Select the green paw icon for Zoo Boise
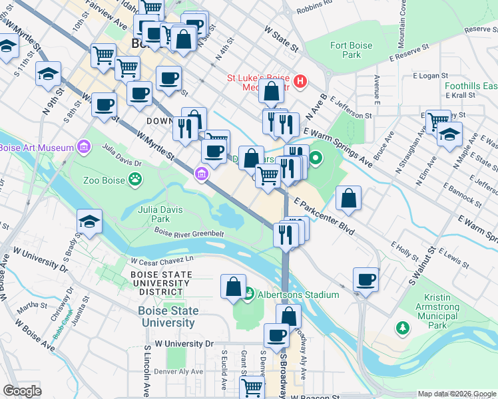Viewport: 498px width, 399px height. (x=135, y=178)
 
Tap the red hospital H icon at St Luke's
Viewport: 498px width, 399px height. (x=300, y=82)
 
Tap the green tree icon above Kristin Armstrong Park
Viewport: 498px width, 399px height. (x=403, y=328)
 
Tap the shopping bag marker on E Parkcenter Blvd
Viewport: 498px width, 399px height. (x=348, y=198)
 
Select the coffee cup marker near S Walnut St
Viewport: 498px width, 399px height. (x=365, y=280)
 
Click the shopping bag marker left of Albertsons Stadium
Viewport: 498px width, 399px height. (x=233, y=287)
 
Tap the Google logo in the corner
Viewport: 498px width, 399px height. (x=23, y=391)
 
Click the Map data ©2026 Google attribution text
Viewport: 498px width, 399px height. (x=457, y=394)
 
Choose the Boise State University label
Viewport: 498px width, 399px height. (x=167, y=317)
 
